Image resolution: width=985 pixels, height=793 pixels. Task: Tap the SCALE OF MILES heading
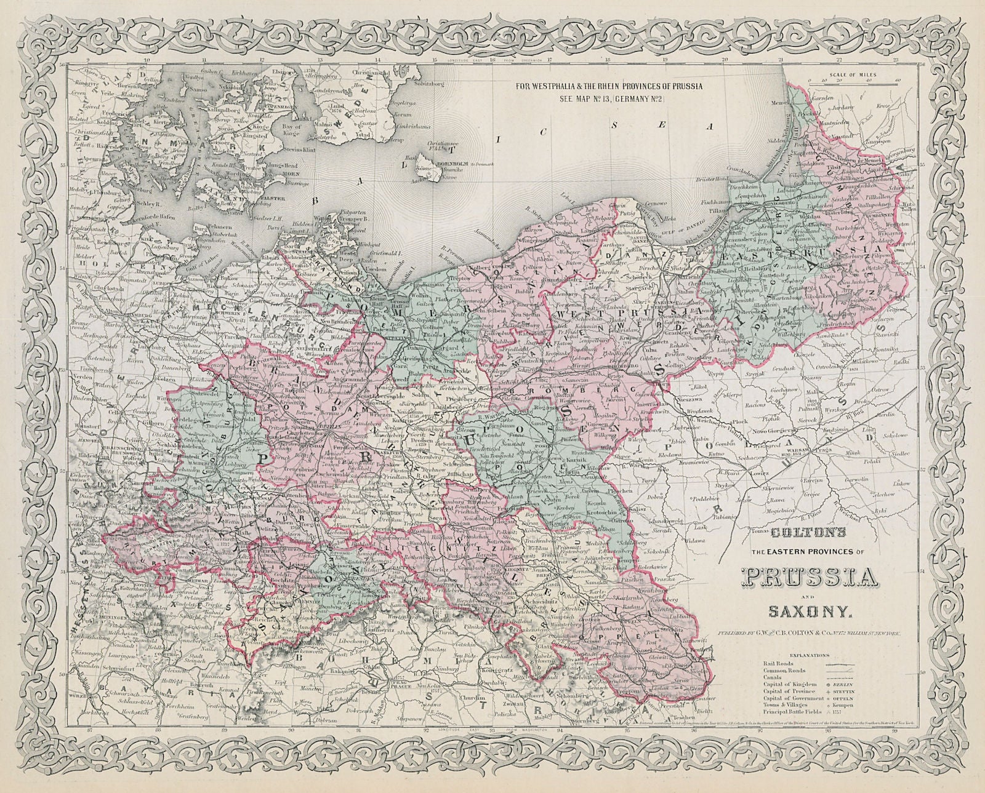(x=853, y=74)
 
